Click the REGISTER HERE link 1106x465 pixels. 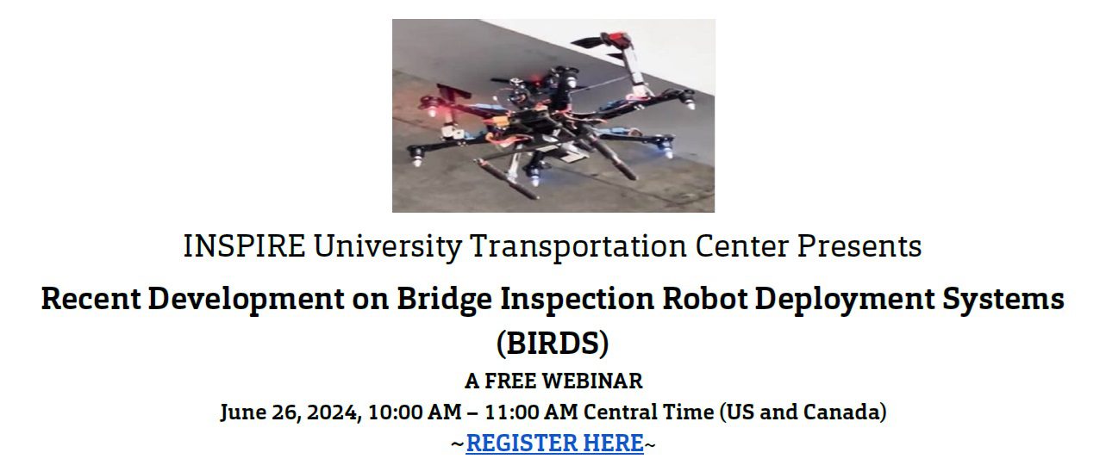tap(554, 443)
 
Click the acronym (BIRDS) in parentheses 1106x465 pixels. tap(553, 344)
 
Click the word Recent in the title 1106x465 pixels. tap(90, 300)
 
